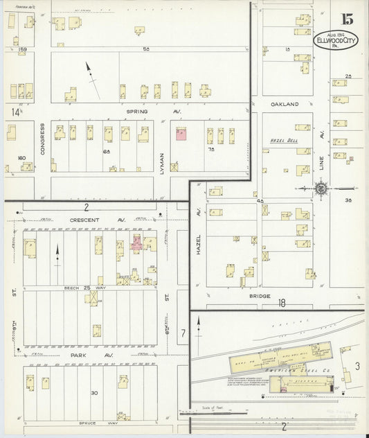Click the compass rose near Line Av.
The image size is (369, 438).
(x=321, y=188)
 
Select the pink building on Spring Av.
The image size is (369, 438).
(x=181, y=134)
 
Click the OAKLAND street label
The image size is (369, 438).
(x=285, y=104)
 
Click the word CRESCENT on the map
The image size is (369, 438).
(x=85, y=220)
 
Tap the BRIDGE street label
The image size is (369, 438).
(x=251, y=296)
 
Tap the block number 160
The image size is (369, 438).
(x=21, y=158)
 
